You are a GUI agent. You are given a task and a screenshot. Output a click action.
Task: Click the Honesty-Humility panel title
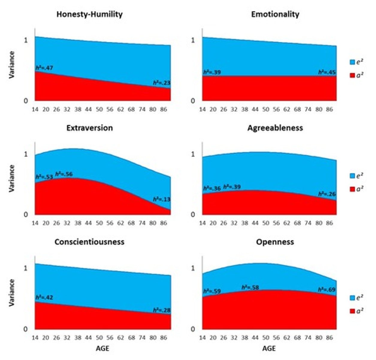point(89,14)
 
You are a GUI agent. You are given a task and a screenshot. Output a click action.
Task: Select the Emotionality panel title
point(275,14)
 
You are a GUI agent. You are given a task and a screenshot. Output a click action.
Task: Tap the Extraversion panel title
point(90,128)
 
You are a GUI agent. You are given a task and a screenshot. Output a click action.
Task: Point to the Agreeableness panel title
point(275,128)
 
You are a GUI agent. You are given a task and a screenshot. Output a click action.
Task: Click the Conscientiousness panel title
point(89,242)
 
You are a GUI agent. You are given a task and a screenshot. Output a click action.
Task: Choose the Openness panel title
point(275,242)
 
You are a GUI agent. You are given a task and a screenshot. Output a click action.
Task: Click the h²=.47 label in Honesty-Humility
point(44,68)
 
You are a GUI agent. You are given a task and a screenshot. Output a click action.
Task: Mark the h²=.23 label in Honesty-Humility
point(161,83)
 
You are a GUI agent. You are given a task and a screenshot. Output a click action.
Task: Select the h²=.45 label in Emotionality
point(327,72)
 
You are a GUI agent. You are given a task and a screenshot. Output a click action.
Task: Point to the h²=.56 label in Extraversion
point(64,174)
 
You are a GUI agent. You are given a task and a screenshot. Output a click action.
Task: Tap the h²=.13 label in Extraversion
point(161,199)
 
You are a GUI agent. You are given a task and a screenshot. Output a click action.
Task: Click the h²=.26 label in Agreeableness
point(327,194)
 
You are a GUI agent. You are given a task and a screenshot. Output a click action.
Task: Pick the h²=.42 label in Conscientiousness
point(44,298)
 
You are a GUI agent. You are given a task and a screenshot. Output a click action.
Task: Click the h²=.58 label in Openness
point(250,287)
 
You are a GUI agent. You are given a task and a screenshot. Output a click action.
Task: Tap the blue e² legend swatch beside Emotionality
point(352,62)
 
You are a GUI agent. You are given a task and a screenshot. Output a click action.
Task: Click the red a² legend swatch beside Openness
point(352,311)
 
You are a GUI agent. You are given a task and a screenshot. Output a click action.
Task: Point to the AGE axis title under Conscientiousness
point(102,349)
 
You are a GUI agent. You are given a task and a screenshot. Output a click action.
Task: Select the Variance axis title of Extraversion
point(12,178)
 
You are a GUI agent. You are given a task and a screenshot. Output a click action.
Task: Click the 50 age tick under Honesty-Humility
point(99,109)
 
